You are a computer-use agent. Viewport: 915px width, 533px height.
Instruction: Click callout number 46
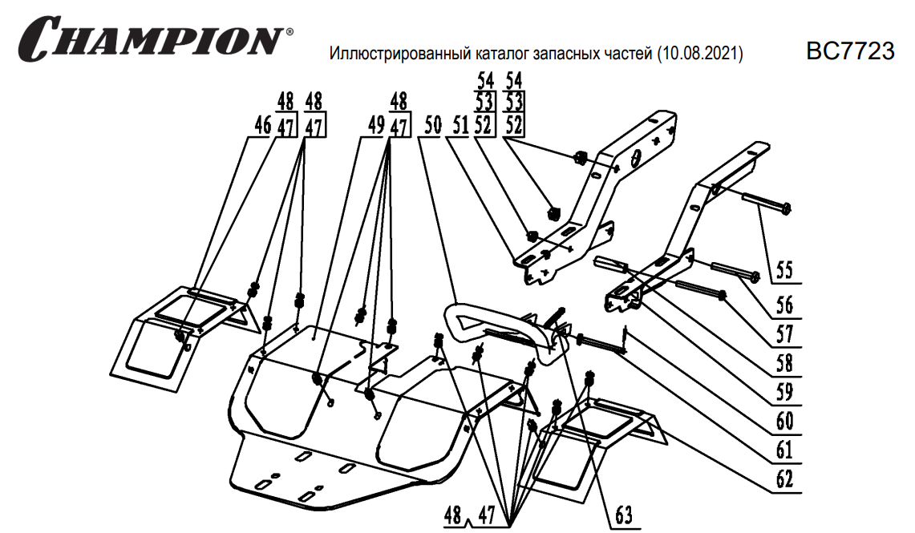coord(261,126)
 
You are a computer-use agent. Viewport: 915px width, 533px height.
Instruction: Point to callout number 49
coord(376,126)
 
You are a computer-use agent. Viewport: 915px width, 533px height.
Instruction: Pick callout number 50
coord(432,126)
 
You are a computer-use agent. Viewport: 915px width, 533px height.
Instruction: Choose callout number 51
coord(460,126)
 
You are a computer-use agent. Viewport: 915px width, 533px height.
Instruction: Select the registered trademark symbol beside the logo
coord(289,33)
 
